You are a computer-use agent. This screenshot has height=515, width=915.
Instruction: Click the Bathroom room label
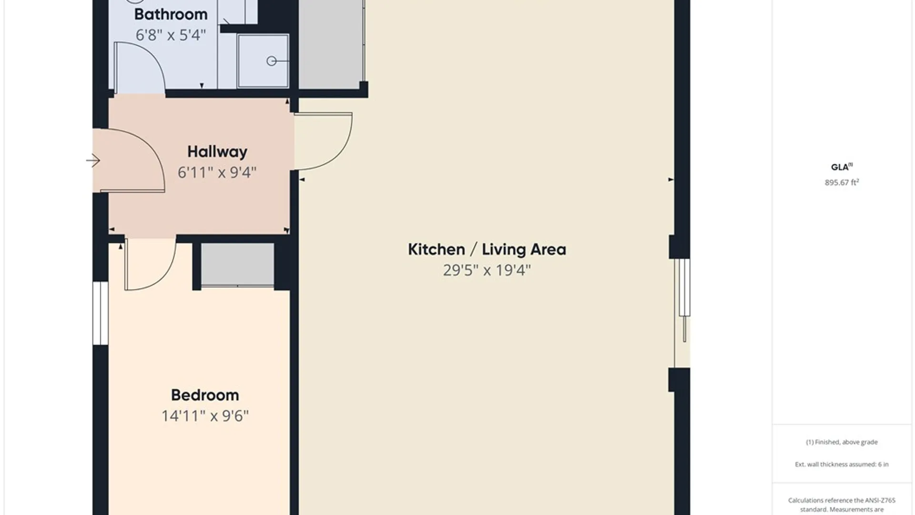point(171,14)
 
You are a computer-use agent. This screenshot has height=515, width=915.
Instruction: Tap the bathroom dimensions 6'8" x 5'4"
point(171,35)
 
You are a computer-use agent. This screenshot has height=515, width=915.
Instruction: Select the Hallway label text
point(217,152)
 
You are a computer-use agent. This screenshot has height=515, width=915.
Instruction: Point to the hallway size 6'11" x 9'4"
point(217,172)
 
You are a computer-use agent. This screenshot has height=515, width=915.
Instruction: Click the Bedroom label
point(205,395)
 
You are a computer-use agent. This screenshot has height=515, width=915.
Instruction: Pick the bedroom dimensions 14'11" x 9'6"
point(205,416)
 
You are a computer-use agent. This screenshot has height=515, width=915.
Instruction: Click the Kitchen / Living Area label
point(487,249)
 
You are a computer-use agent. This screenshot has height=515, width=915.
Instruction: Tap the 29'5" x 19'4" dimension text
point(487,270)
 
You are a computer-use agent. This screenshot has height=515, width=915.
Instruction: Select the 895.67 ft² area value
point(842,182)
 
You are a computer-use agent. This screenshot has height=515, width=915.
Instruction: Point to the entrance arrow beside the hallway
point(93,161)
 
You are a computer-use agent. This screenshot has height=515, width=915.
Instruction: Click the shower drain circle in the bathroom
point(272,61)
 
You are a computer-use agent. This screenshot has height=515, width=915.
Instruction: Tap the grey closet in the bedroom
point(237,265)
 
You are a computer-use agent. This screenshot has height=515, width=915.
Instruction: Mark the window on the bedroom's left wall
point(101,313)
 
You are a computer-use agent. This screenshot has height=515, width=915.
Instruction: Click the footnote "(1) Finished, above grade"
point(842,442)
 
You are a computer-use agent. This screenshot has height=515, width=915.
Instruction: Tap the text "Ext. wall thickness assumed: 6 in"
point(842,464)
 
